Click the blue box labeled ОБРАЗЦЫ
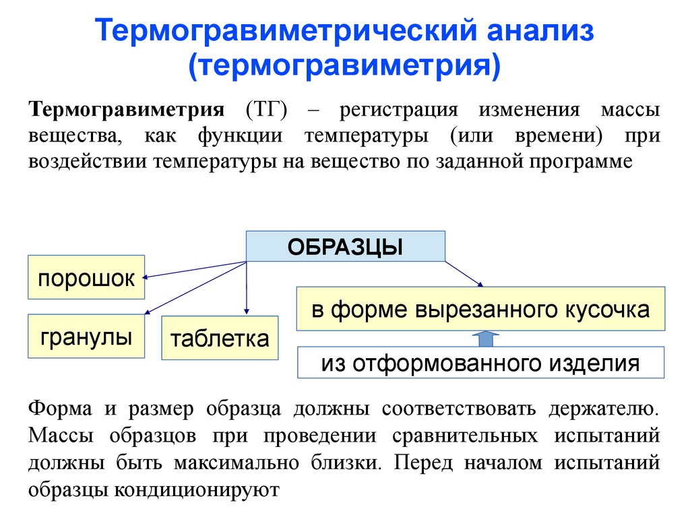click(345, 246)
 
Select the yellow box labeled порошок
click(86, 277)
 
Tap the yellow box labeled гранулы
click(86, 336)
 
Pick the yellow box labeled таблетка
click(220, 337)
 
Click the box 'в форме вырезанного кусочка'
click(480, 309)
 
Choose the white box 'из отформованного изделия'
click(480, 364)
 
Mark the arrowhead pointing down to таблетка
click(247, 310)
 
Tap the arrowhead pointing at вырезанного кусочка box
click(480, 283)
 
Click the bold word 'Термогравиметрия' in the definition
click(126, 110)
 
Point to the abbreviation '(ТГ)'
click(267, 110)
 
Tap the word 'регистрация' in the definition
click(399, 110)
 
